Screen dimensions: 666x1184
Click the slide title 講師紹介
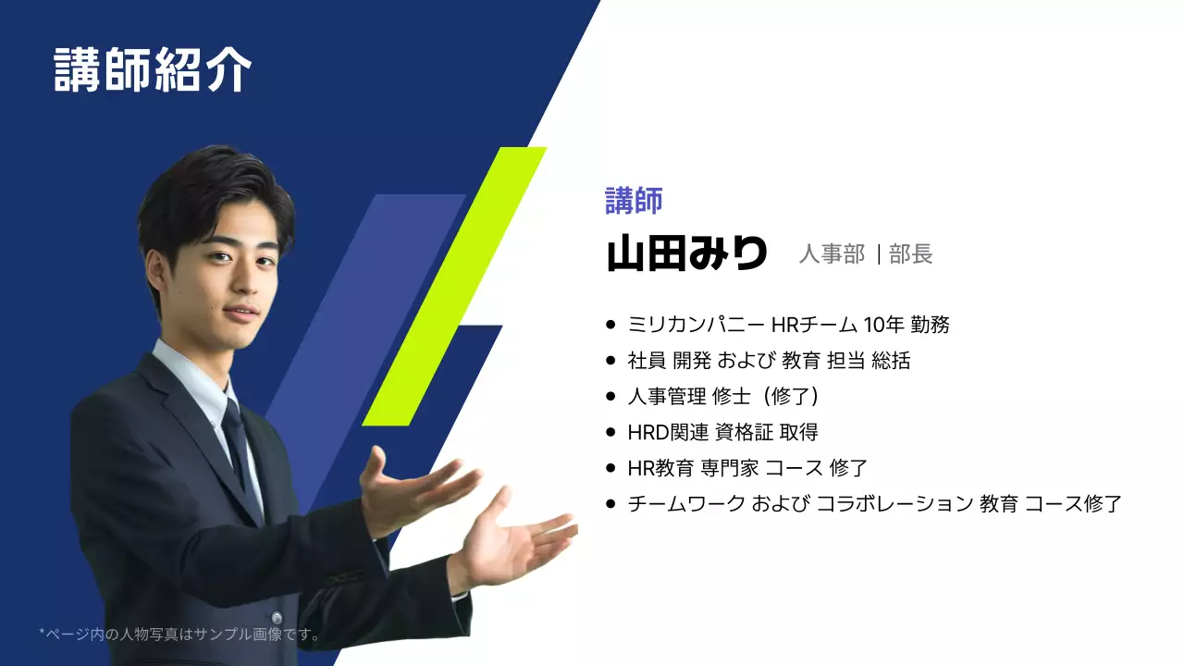tap(153, 69)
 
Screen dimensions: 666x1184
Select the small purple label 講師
tap(634, 200)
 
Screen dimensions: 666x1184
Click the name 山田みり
tap(686, 253)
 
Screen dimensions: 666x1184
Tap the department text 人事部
tap(832, 254)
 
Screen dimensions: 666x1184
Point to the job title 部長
tap(911, 254)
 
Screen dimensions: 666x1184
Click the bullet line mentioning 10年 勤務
tap(788, 325)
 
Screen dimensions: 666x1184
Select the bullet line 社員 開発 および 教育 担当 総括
tap(769, 361)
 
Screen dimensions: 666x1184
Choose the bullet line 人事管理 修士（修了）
tap(723, 397)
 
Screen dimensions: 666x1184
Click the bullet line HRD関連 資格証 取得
tap(722, 432)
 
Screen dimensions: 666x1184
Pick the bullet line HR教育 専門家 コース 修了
tap(746, 468)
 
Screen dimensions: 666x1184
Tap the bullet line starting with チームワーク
tap(874, 504)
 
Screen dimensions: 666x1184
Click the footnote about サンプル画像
tap(180, 635)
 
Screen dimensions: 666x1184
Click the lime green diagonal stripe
tap(453, 287)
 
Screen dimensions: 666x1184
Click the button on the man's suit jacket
tap(276, 617)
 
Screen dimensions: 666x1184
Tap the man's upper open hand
tap(416, 490)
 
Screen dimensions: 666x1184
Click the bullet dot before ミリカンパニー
tap(610, 325)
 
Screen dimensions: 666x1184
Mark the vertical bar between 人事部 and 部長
tap(878, 254)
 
